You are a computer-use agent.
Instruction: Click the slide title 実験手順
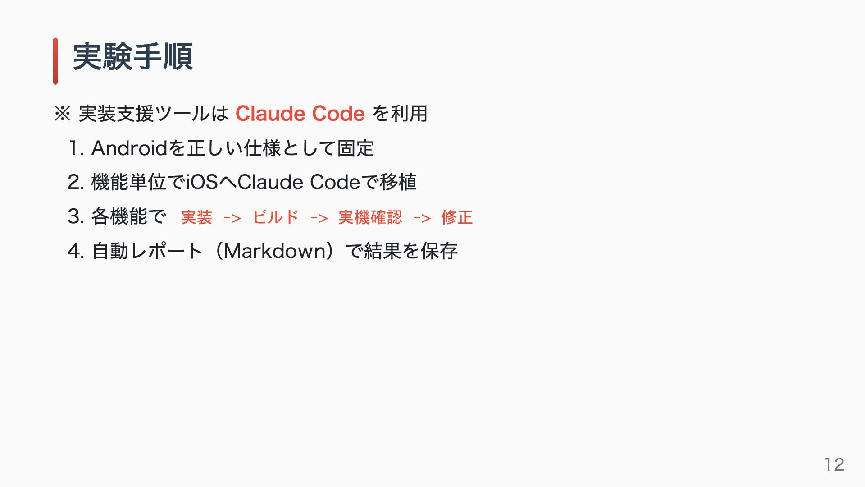(133, 57)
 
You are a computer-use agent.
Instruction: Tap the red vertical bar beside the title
(55, 61)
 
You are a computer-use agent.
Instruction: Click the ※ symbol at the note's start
(62, 114)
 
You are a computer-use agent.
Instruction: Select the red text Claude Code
(300, 114)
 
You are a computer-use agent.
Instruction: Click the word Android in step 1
(129, 148)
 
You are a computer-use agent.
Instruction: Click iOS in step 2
(202, 183)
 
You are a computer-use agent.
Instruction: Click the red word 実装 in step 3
(196, 218)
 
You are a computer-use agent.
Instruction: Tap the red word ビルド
(276, 218)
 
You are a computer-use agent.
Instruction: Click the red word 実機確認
(370, 218)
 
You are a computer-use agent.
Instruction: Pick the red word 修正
(457, 218)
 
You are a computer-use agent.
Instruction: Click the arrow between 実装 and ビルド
(232, 219)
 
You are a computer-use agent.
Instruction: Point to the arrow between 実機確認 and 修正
(422, 219)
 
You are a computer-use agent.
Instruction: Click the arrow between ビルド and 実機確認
(319, 219)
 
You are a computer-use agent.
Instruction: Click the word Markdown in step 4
(278, 251)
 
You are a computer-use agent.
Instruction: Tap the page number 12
(834, 464)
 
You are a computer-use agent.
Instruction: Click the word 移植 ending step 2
(398, 183)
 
